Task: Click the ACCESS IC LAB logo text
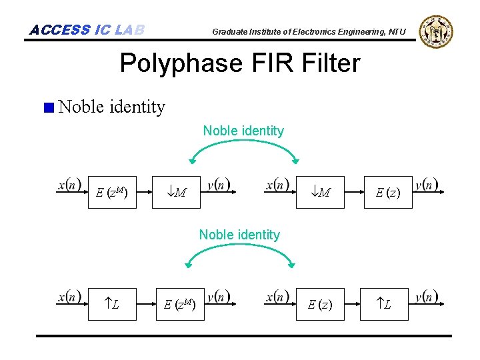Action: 87,30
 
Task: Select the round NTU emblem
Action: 436,31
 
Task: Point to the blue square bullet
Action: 48,107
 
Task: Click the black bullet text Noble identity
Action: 111,107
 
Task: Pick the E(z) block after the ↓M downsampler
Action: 387,194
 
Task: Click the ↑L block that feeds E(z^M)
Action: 111,305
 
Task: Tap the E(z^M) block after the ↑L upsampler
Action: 179,305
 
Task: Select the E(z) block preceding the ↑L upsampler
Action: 319,305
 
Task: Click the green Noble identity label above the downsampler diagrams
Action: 243,131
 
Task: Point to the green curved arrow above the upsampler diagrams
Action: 240,249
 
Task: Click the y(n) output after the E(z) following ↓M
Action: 427,185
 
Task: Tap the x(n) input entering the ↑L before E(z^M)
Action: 69,297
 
